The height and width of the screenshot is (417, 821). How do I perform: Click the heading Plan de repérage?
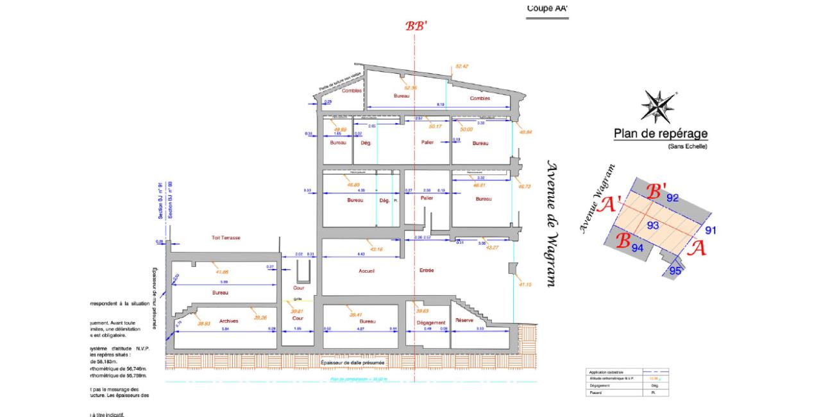pos(661,133)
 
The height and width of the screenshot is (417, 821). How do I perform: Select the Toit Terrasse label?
pos(226,238)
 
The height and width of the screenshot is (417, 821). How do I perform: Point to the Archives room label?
pos(229,321)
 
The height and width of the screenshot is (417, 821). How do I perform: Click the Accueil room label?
pos(366,271)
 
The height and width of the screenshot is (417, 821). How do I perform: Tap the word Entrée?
pos(426,271)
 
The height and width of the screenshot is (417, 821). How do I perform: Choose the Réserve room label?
pos(464,320)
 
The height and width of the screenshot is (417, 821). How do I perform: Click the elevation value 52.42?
pos(462,66)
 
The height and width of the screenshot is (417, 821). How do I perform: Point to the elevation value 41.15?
pos(525,284)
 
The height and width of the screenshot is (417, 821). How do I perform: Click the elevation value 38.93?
pos(204,323)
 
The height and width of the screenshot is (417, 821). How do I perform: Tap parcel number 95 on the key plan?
pos(675,271)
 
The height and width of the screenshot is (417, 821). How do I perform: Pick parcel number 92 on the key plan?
pos(672,198)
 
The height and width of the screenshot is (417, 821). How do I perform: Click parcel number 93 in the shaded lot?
pos(653,225)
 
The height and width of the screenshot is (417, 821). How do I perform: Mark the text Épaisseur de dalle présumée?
pos(353,363)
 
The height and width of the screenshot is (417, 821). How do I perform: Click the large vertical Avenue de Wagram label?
pos(550,224)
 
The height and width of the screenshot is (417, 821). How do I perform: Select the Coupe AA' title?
pos(547,8)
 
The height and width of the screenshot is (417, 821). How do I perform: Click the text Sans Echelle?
pos(688,146)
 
